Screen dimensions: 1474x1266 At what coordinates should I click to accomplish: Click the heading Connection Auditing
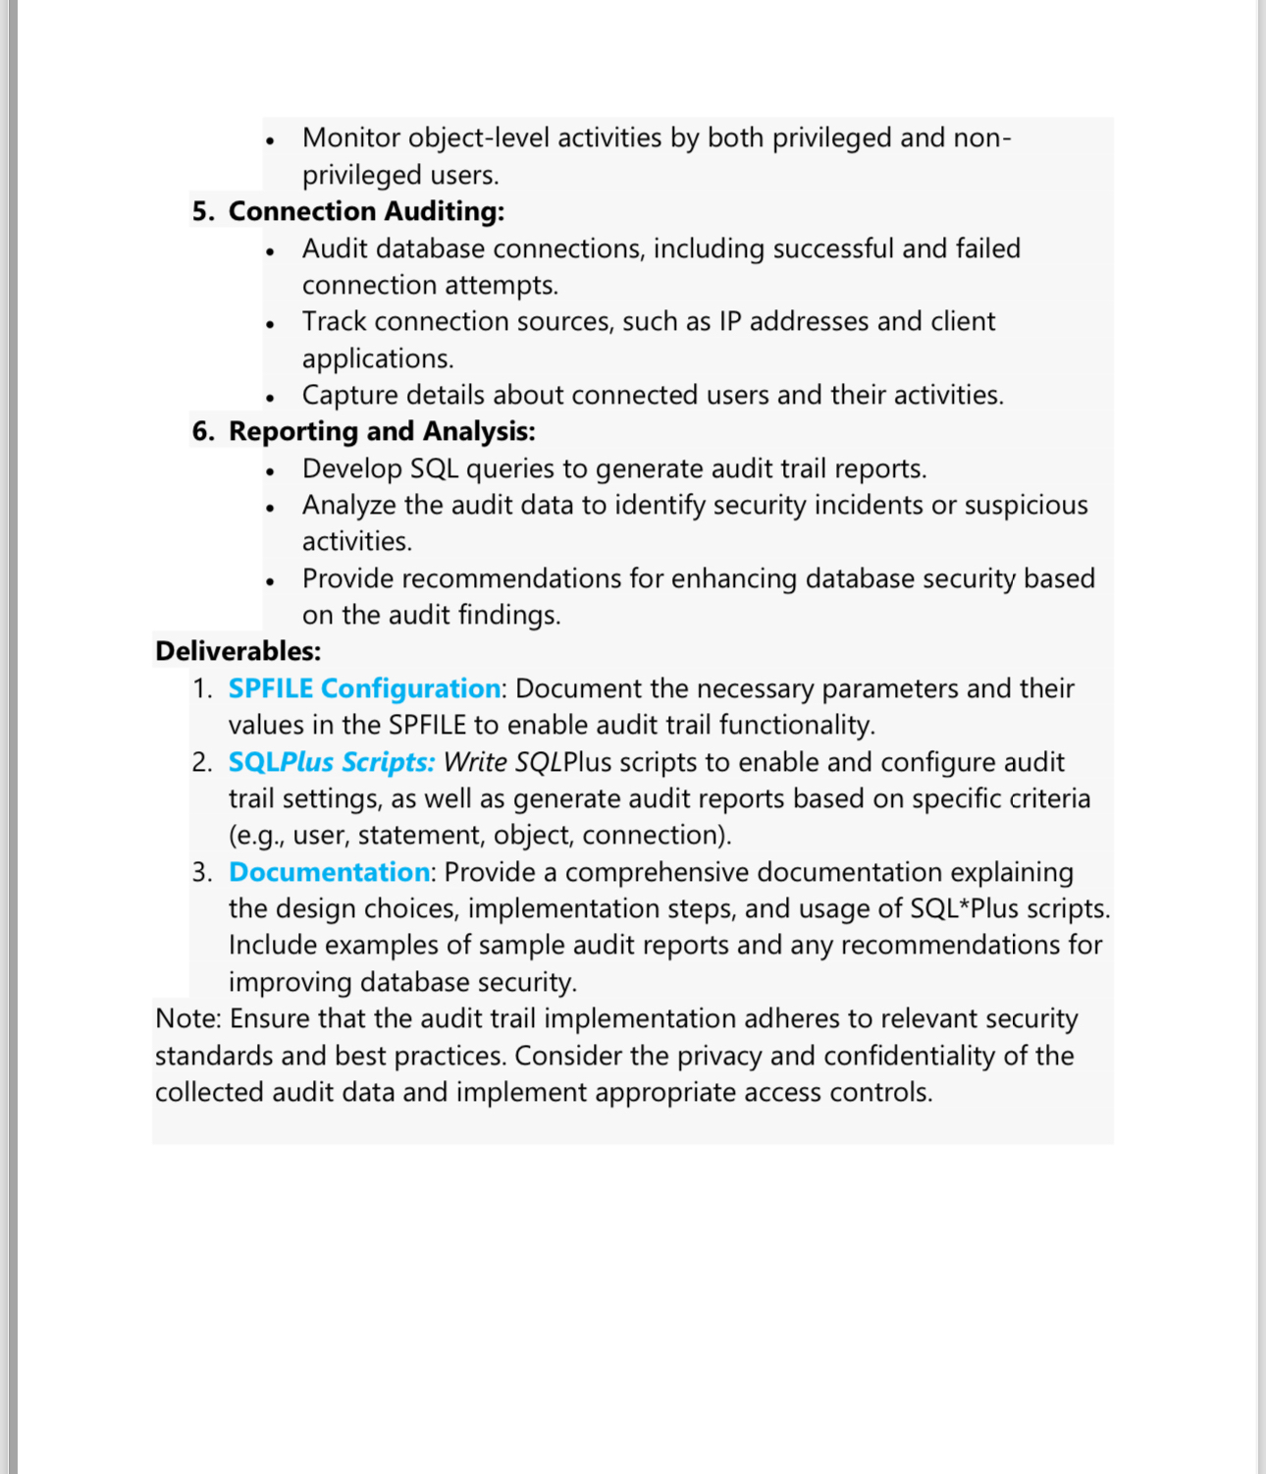pos(366,211)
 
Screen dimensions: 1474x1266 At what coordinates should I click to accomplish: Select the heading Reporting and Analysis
pos(382,431)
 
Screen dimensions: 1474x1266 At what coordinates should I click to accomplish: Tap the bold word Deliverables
pos(237,651)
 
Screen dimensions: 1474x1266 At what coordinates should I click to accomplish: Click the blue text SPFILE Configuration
pos(364,688)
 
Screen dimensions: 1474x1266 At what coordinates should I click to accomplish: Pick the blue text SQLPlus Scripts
pos(331,762)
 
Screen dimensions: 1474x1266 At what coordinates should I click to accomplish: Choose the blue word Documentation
pos(329,872)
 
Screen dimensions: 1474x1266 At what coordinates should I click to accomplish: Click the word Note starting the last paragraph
pos(187,1018)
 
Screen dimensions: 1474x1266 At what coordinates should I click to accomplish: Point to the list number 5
pos(201,211)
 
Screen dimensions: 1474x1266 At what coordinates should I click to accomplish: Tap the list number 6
pos(201,431)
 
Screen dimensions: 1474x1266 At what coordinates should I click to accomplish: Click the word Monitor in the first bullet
pos(351,137)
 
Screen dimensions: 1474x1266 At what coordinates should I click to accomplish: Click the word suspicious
pos(1026,505)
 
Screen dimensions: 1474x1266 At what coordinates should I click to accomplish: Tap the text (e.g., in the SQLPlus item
pos(256,835)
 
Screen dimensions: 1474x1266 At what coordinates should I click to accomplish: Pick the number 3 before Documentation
pos(201,872)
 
